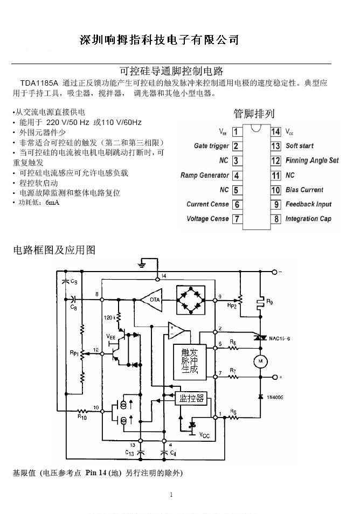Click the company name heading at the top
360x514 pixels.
click(159, 40)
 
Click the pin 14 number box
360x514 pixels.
click(275, 131)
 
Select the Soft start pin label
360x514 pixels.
click(299, 146)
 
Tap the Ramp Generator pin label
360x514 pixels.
click(205, 175)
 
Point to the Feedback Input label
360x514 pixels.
click(309, 204)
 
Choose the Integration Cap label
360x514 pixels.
click(308, 219)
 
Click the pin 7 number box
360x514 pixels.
click(237, 219)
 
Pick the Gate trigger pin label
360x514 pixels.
click(211, 146)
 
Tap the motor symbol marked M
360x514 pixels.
click(261, 359)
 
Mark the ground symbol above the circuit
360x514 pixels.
click(141, 265)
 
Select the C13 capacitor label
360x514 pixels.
click(130, 453)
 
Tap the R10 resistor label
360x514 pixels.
click(82, 416)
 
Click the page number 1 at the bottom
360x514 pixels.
click(171, 495)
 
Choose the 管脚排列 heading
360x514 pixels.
click(254, 114)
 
